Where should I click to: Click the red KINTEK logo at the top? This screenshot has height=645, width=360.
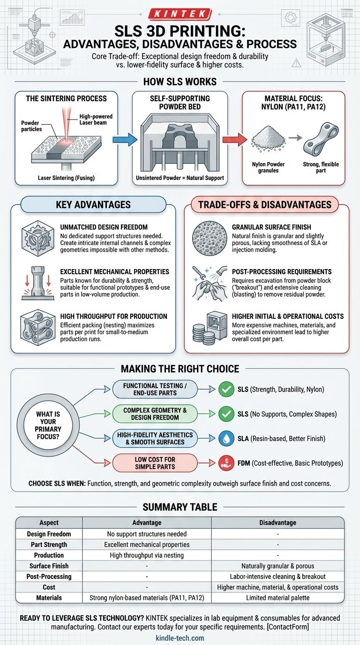(x=180, y=15)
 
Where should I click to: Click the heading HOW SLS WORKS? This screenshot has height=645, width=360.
(x=180, y=81)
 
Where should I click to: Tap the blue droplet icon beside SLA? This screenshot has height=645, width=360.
(x=227, y=438)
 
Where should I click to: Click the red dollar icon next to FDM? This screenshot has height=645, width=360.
(x=227, y=463)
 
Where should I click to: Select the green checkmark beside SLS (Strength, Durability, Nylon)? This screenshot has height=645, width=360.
(x=227, y=389)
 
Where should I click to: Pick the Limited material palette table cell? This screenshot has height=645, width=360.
(x=277, y=598)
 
